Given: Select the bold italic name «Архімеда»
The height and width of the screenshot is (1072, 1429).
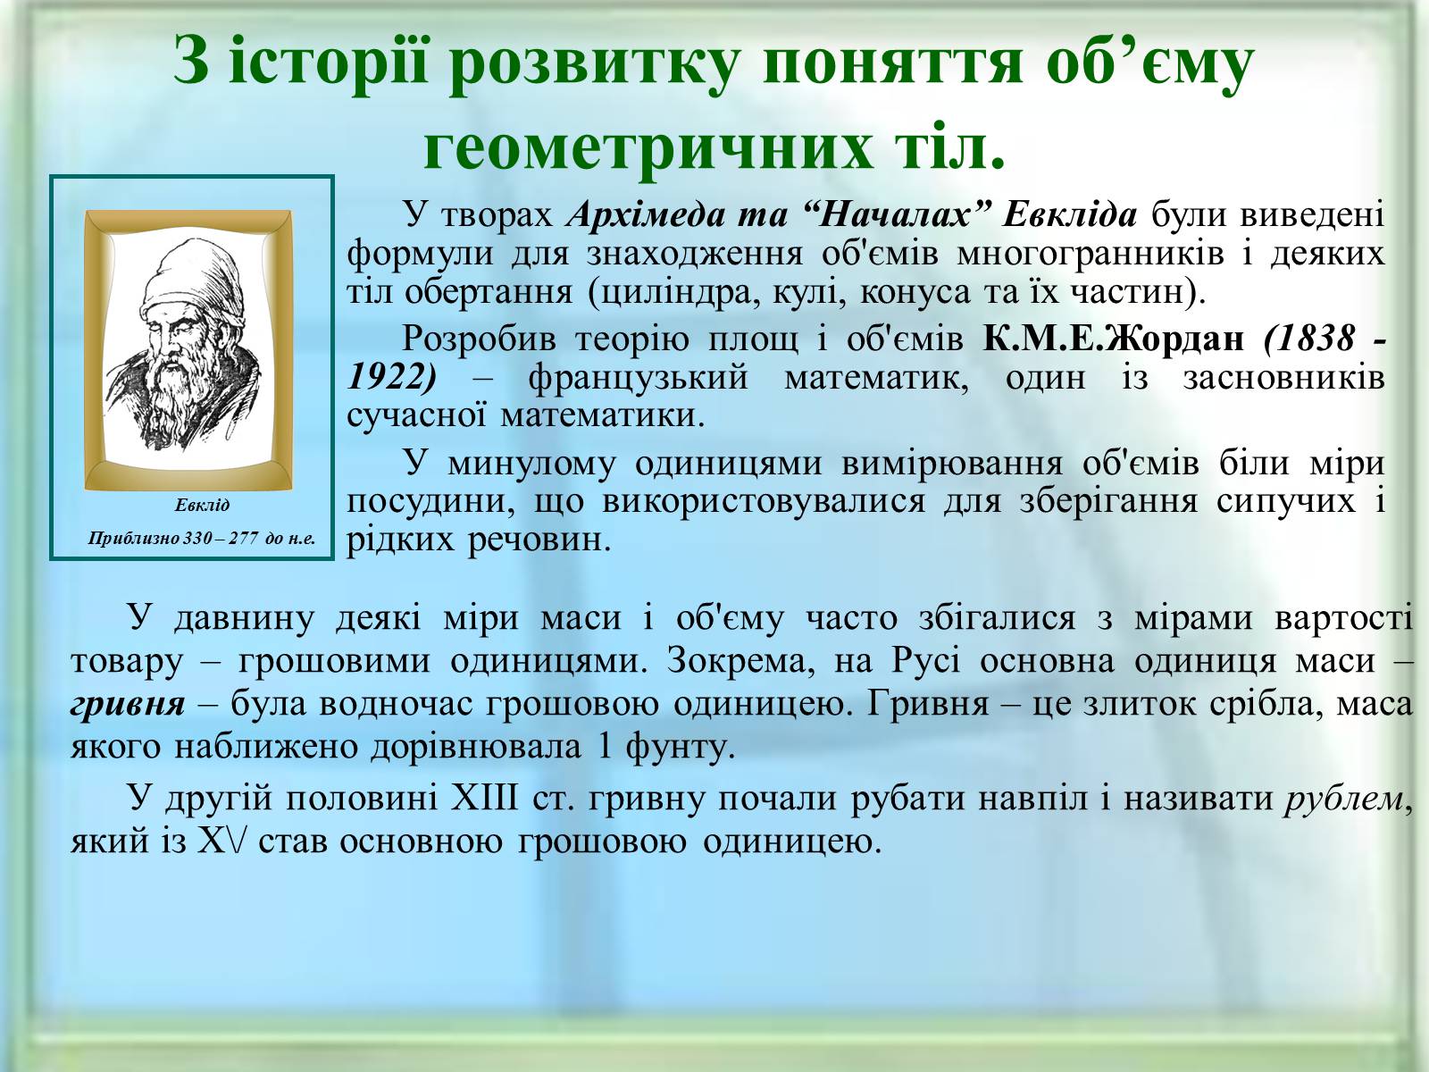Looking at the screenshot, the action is pos(645,214).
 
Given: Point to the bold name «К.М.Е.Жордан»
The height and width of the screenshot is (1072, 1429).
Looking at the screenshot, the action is pos(1113,339).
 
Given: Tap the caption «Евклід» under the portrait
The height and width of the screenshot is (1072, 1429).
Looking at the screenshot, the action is pos(202,505).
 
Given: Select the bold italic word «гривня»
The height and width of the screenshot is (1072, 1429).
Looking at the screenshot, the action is pos(128,705).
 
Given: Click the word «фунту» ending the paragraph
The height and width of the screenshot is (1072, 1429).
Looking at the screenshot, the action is pos(680,747).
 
